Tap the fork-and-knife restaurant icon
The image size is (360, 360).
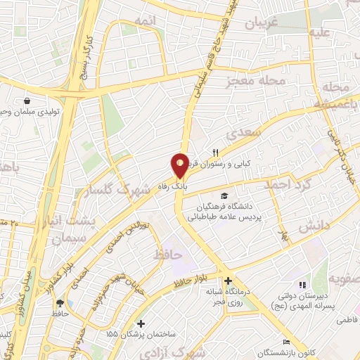pos(216,152)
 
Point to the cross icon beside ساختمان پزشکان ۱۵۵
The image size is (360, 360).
pos(142,324)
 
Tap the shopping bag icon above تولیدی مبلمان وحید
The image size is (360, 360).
pos(27,101)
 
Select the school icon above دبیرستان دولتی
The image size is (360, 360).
pos(301,285)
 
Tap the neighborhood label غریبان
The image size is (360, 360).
pos(261,23)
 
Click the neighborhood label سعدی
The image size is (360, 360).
pos(244,134)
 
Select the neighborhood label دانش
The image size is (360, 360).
pos(314,226)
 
